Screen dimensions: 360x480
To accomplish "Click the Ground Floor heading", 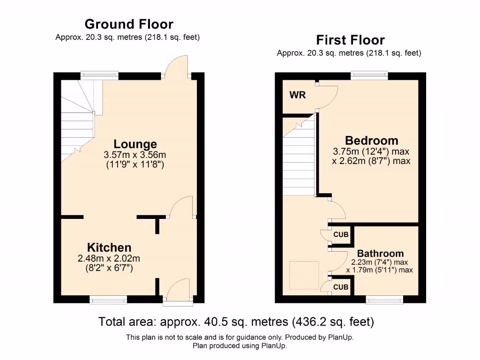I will click(128, 24).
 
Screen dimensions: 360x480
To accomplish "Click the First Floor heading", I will click(350, 40).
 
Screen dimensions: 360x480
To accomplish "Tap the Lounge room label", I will click(135, 144).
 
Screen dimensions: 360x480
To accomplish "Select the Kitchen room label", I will click(109, 247).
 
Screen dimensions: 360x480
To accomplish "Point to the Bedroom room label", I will click(371, 140).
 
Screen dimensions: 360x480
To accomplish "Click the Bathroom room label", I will click(380, 254).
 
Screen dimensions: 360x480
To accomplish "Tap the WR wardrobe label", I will click(298, 95).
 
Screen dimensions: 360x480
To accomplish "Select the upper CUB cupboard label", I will click(341, 234).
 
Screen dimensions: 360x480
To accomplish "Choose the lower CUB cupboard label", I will click(341, 287).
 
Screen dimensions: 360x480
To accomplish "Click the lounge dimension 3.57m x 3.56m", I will click(135, 155).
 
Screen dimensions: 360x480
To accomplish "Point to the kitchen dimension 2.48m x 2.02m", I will click(109, 258).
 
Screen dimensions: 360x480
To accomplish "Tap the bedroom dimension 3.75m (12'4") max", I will click(371, 151).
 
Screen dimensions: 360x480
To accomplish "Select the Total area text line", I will click(236, 322).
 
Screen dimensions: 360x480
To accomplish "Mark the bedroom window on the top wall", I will click(369, 74).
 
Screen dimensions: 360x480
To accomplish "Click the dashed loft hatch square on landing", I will click(304, 275).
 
